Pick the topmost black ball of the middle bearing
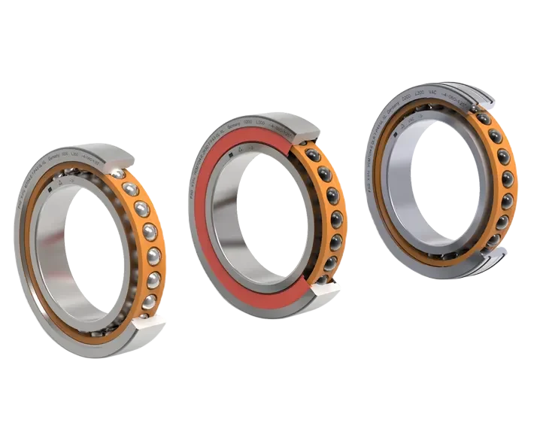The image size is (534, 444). click(311, 155)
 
